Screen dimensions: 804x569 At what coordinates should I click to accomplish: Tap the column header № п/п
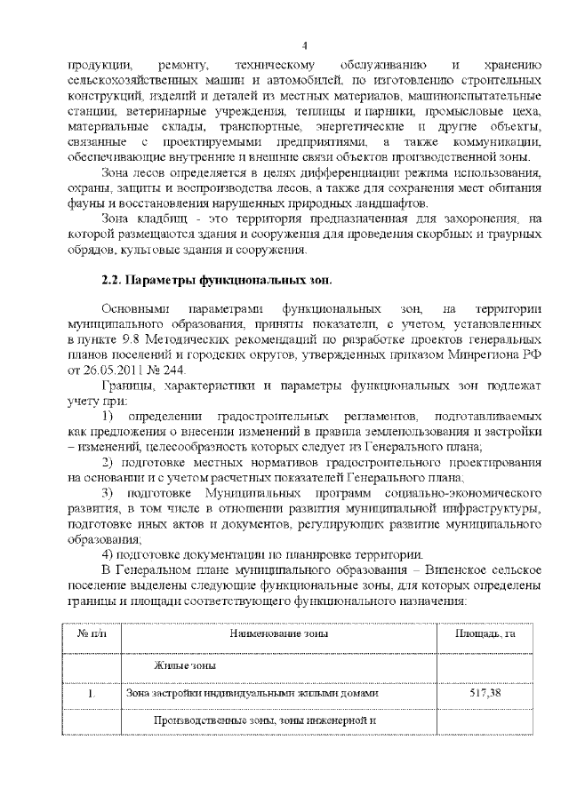(x=92, y=633)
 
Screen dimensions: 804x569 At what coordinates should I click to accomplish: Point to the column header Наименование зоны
(x=278, y=633)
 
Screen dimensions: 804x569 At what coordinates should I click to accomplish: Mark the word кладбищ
(x=154, y=219)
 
